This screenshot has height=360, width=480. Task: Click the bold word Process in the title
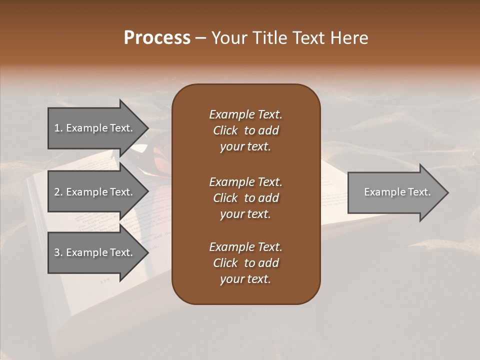point(157,38)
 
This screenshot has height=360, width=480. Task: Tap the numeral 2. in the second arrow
point(58,192)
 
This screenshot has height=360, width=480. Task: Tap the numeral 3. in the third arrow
point(58,252)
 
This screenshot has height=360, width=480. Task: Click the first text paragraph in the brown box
point(245,130)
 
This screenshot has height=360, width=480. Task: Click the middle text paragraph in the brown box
point(245,198)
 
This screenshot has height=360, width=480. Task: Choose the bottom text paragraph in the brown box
point(245,263)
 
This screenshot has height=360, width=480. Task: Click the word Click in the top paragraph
point(225,130)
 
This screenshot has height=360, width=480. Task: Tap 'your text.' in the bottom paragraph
point(245,279)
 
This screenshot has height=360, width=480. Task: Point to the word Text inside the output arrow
point(420,192)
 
